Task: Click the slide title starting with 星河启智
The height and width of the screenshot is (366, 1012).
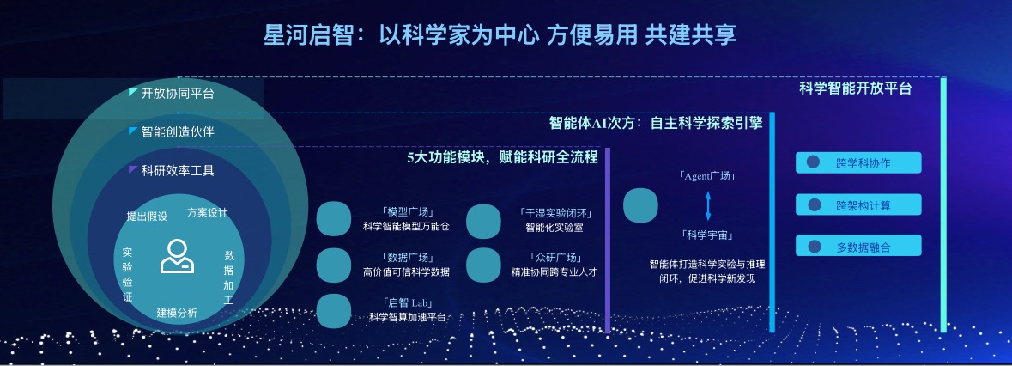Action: (500, 35)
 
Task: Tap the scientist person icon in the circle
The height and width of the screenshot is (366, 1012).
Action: (177, 256)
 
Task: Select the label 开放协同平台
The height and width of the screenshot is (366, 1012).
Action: (178, 94)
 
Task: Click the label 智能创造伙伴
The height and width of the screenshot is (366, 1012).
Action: (178, 131)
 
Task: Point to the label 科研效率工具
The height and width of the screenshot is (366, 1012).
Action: (178, 170)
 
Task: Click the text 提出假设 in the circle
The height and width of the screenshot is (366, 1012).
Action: (147, 217)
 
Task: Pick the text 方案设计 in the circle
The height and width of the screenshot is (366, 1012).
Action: (207, 212)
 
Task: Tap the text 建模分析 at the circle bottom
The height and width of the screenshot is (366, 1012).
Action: (177, 313)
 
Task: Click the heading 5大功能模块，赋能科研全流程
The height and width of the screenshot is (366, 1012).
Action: (502, 157)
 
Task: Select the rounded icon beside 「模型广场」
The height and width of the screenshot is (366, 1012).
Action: (334, 219)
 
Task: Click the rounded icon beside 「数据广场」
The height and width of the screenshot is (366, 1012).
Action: (334, 265)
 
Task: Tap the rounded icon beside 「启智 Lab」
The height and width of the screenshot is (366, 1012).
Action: (334, 310)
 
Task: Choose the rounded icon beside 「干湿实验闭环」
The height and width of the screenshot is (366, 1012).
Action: (483, 221)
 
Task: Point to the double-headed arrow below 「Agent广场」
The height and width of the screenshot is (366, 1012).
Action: (708, 206)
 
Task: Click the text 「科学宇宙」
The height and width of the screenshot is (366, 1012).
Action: (707, 235)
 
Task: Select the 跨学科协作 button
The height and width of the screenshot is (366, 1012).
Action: (858, 162)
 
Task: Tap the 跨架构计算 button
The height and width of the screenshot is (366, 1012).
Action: (858, 204)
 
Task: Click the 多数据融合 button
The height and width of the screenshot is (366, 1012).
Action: (858, 246)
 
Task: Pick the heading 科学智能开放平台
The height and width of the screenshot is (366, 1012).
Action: (855, 89)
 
